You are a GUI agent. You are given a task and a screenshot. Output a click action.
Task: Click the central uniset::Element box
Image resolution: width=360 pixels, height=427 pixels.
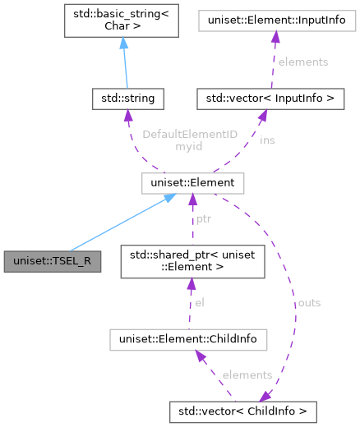click(188, 181)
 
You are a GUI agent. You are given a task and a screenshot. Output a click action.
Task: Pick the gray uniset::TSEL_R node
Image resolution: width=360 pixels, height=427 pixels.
click(52, 261)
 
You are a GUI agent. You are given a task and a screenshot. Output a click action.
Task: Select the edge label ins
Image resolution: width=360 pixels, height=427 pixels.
click(245, 140)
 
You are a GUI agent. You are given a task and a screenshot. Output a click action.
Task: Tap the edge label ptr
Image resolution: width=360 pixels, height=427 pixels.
click(204, 220)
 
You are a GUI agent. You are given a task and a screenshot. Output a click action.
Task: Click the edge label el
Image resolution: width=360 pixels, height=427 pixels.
click(199, 302)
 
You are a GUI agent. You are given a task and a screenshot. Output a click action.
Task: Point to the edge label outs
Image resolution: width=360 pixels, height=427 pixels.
click(309, 302)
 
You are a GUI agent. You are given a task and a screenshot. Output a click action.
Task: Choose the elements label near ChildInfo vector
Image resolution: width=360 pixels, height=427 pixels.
click(247, 374)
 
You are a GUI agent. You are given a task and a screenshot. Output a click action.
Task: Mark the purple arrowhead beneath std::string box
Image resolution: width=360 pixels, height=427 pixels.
click(127, 117)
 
